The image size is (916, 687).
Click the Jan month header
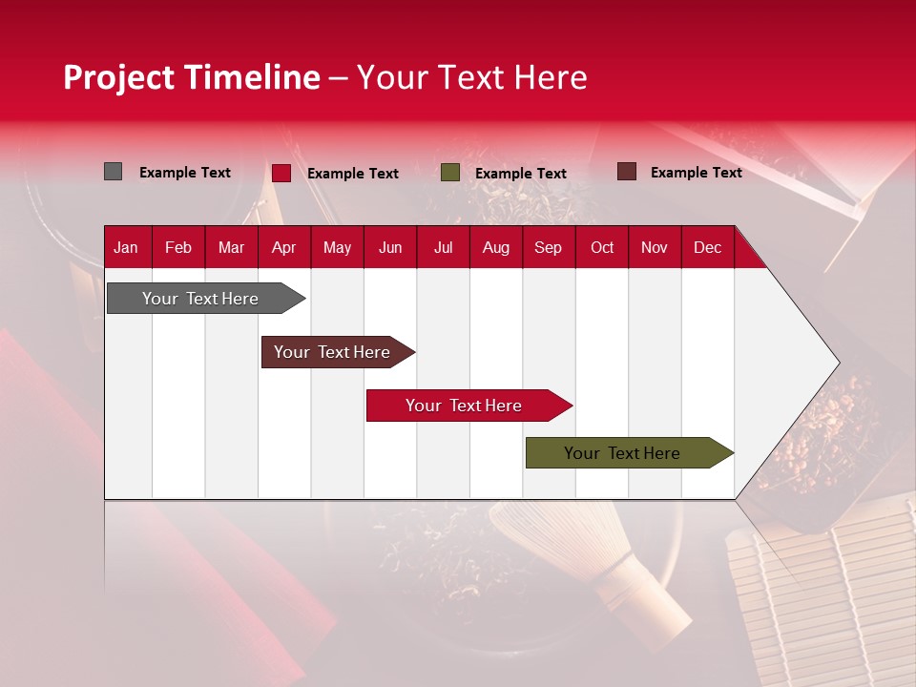(126, 247)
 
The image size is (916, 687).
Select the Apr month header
(283, 247)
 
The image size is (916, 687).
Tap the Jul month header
(443, 247)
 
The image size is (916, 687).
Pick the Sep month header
(548, 247)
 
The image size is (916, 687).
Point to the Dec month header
(707, 247)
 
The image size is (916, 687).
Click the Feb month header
(178, 247)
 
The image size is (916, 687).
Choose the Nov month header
(654, 247)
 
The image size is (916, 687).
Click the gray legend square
(114, 172)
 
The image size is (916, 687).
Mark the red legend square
(281, 173)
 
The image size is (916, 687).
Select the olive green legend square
(450, 173)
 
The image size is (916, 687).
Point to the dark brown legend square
(627, 172)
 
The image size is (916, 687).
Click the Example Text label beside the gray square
(185, 173)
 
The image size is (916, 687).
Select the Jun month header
(390, 247)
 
